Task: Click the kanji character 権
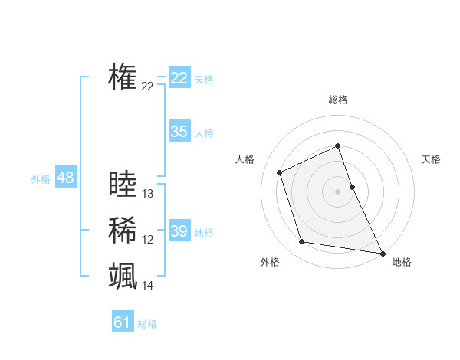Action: tap(123, 77)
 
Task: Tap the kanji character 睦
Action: tap(123, 185)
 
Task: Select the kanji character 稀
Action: tap(123, 230)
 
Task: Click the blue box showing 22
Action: tap(179, 78)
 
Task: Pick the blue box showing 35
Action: tap(179, 132)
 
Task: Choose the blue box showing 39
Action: tap(179, 231)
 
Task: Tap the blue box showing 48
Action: tap(65, 178)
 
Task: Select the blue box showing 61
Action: tap(122, 322)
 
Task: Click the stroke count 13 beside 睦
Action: tap(148, 194)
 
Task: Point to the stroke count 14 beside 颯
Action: tap(148, 286)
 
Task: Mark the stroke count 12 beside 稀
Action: tap(148, 240)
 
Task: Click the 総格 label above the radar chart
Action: tap(338, 100)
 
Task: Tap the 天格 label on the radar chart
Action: tap(431, 159)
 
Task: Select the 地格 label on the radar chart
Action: tap(402, 262)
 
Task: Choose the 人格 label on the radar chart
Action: tap(245, 159)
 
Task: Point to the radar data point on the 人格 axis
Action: tap(280, 172)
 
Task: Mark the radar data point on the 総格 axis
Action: tap(338, 146)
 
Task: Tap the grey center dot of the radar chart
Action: tap(338, 191)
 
